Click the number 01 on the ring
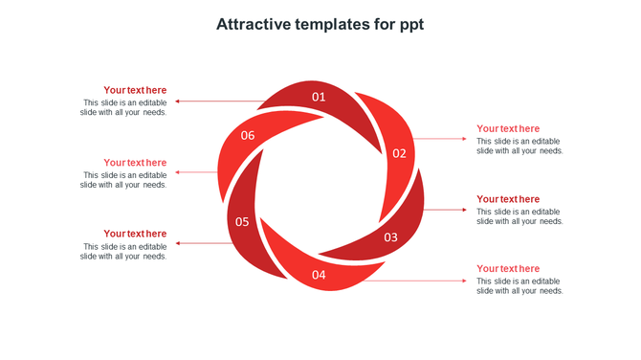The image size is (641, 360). point(319,97)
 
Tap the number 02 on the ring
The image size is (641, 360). point(399,153)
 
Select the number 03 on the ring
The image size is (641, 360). point(391,237)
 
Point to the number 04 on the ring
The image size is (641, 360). point(319,276)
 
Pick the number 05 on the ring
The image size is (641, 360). point(242,222)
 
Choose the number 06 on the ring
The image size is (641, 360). point(248,136)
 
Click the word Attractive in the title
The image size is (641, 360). point(254,24)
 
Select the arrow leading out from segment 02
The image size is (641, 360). point(440,139)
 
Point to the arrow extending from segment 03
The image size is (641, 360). point(445,210)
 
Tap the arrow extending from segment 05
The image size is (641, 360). point(203,243)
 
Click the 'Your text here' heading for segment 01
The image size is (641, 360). point(135,90)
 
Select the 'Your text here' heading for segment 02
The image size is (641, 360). point(508,128)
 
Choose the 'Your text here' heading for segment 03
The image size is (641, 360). point(508,199)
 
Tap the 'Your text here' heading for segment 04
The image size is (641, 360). point(508,269)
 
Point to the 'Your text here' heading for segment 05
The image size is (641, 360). point(135,234)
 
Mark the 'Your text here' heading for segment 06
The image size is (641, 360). point(135,163)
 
